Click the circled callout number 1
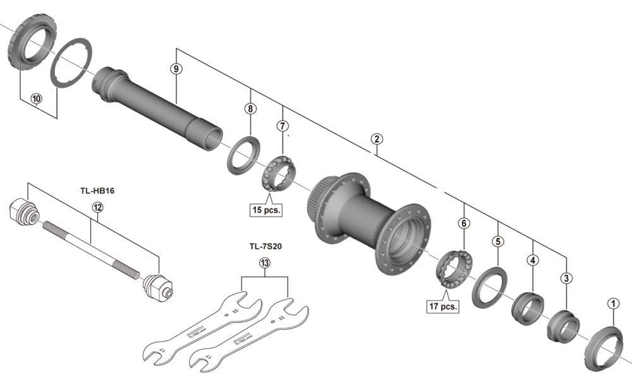click(x=612, y=303)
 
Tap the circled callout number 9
click(x=176, y=68)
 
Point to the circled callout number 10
click(x=36, y=99)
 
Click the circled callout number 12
click(x=97, y=207)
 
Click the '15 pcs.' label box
click(x=265, y=209)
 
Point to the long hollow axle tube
click(x=158, y=105)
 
